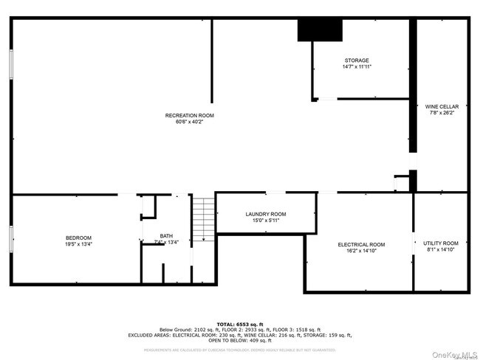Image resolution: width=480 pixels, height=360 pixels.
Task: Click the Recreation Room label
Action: [x=189, y=115]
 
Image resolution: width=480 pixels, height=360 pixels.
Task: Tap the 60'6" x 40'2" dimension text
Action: [x=189, y=122]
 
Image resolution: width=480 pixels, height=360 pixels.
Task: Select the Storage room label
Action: [x=357, y=60]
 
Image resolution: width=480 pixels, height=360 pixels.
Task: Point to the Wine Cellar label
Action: [x=442, y=106]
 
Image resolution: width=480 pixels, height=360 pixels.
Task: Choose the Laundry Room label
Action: [x=266, y=214]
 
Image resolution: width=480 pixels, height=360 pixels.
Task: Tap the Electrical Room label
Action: [x=361, y=244]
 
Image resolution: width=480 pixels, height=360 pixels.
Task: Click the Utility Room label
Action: [x=441, y=243]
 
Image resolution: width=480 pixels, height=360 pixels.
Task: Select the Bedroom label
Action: [x=78, y=238]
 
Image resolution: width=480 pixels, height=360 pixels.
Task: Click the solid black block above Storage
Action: [x=320, y=30]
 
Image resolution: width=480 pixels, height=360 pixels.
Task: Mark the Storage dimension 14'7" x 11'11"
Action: [x=357, y=67]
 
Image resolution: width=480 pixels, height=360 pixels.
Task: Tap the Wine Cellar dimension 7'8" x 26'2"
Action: [x=442, y=113]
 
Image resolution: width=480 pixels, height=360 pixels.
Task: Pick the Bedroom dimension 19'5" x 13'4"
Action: [x=78, y=243]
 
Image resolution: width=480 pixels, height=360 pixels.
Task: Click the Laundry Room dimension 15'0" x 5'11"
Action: [x=266, y=220]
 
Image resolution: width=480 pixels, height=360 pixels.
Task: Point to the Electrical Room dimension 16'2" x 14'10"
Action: [x=361, y=251]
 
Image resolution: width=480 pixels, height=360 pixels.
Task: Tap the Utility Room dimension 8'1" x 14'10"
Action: [x=441, y=250]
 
